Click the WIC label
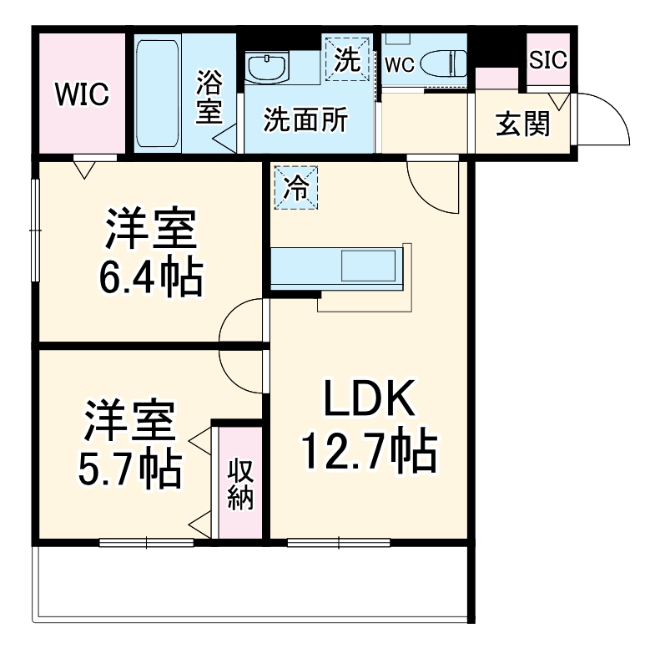click(82, 95)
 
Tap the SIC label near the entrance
click(547, 60)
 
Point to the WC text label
click(400, 66)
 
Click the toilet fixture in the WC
click(442, 63)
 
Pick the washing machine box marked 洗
click(346, 58)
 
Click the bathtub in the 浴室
click(157, 92)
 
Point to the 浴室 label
click(209, 98)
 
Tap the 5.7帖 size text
click(131, 469)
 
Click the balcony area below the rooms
click(250, 585)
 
